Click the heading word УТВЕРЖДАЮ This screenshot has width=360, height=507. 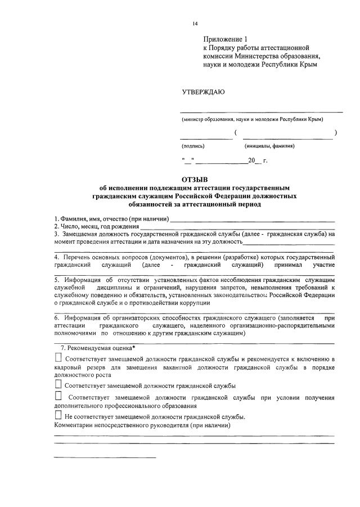[x=203, y=92]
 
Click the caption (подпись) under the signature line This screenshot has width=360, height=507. [x=192, y=146]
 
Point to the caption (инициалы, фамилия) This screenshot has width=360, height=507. [x=269, y=146]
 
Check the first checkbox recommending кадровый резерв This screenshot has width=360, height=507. [x=58, y=358]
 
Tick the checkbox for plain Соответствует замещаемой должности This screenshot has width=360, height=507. [x=58, y=385]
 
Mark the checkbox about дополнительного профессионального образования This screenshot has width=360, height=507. [x=58, y=397]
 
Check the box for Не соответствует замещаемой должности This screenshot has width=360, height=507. [x=58, y=415]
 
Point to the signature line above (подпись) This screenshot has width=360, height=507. [x=206, y=138]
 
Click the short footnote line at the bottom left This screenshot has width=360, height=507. [x=104, y=457]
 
